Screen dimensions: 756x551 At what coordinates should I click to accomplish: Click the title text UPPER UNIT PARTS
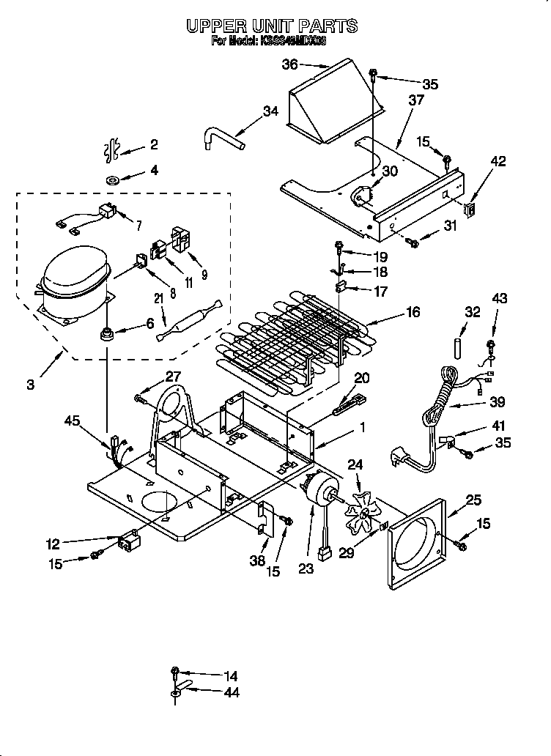tap(272, 26)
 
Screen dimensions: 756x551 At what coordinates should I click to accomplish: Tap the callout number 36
tap(290, 64)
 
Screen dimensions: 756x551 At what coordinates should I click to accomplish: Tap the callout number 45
tap(72, 420)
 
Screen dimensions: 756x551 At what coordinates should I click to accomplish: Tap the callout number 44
tap(231, 692)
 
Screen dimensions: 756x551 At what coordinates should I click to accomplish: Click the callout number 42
tap(498, 163)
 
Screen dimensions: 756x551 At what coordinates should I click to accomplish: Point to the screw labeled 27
tap(140, 398)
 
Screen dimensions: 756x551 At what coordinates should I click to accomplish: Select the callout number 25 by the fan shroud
tap(474, 500)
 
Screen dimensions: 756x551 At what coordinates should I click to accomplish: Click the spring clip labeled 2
tap(112, 148)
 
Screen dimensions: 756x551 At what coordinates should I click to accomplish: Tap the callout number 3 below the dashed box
tap(30, 383)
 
